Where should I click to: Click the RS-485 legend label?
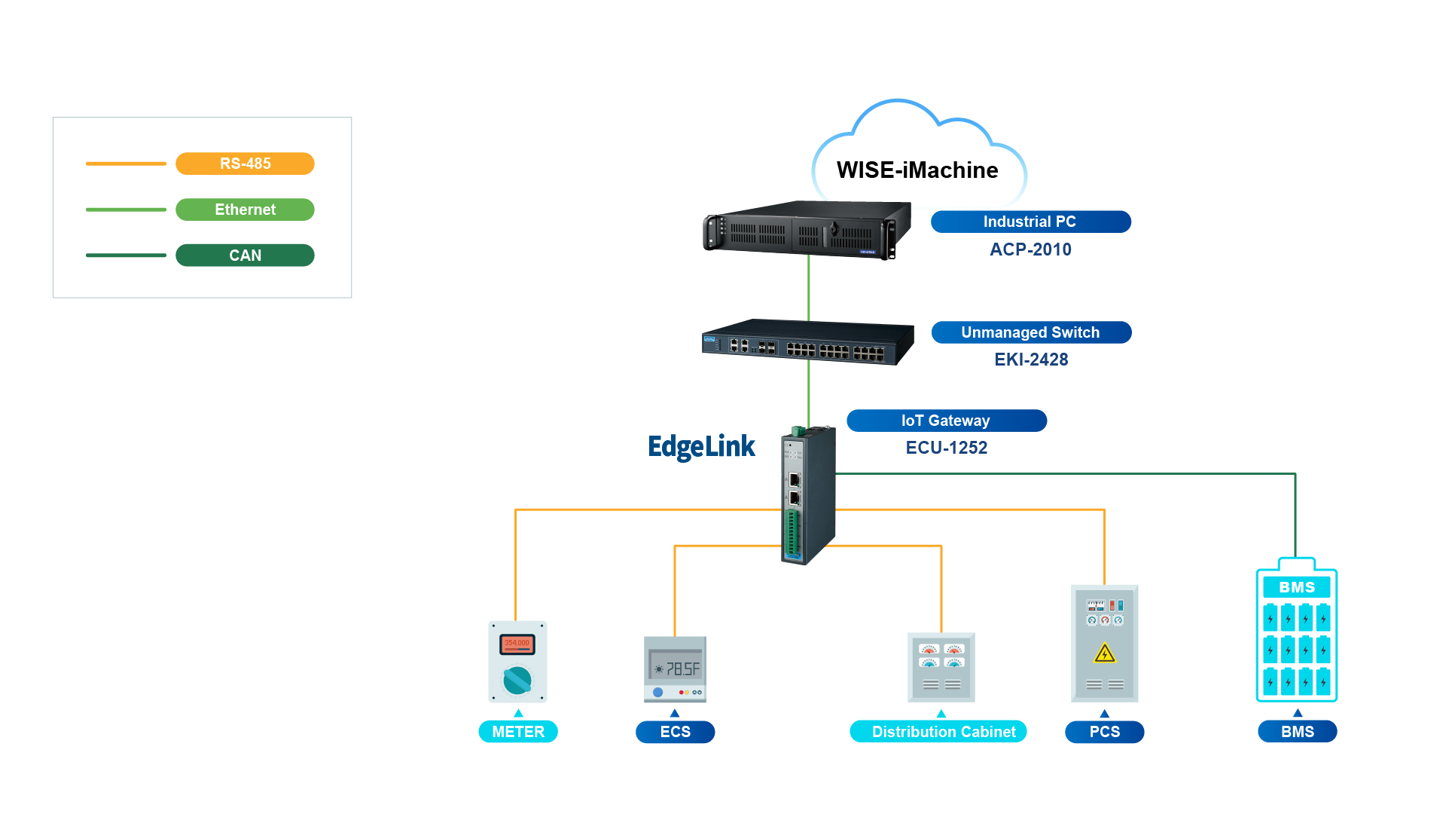(x=245, y=164)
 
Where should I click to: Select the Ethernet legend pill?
(x=245, y=210)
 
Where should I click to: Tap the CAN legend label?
(x=245, y=256)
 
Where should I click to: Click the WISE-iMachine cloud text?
(x=917, y=170)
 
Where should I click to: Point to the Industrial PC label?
(x=1030, y=222)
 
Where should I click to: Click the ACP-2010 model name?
(x=1030, y=249)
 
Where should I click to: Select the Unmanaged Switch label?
(x=1031, y=332)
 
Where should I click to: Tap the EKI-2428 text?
(x=1031, y=360)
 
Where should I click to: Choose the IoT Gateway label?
(x=946, y=421)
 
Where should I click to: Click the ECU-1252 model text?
(x=946, y=448)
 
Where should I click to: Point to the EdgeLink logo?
(x=701, y=447)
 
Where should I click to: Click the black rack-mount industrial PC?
(x=807, y=229)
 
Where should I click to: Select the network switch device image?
(x=807, y=343)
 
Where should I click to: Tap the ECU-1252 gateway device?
(x=808, y=496)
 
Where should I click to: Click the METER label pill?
(x=518, y=732)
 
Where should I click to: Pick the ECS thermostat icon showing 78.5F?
(x=675, y=669)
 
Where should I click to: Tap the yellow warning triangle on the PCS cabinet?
(x=1104, y=653)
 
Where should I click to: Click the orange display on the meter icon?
(x=517, y=644)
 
